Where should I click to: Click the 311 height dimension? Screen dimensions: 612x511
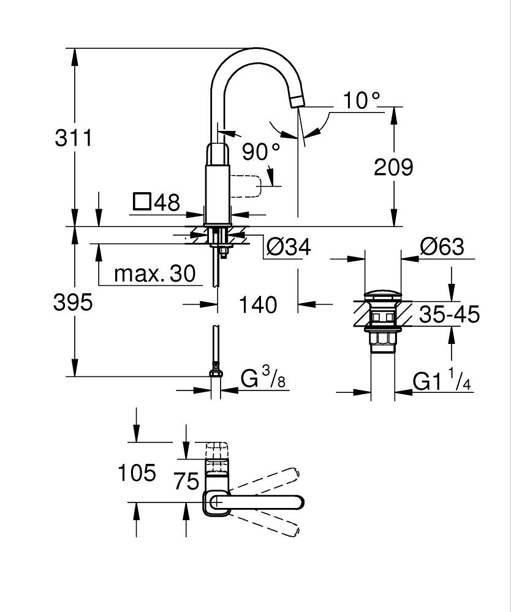click(74, 138)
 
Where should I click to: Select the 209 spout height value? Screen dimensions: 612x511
click(394, 166)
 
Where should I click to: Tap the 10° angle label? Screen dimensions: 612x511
click(361, 100)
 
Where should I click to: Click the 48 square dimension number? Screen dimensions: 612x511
click(167, 203)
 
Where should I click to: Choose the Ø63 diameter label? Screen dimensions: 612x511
click(442, 247)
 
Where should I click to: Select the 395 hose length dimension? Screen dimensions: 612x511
click(74, 302)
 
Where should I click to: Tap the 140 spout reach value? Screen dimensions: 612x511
click(258, 304)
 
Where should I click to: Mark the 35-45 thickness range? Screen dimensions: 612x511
click(449, 315)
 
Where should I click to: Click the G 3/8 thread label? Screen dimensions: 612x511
click(263, 379)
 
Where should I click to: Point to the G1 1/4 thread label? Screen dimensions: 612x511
click(441, 381)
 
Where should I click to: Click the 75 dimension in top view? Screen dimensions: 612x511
click(186, 480)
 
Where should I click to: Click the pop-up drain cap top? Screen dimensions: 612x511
click(384, 297)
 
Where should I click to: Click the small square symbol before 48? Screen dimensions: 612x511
click(142, 202)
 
